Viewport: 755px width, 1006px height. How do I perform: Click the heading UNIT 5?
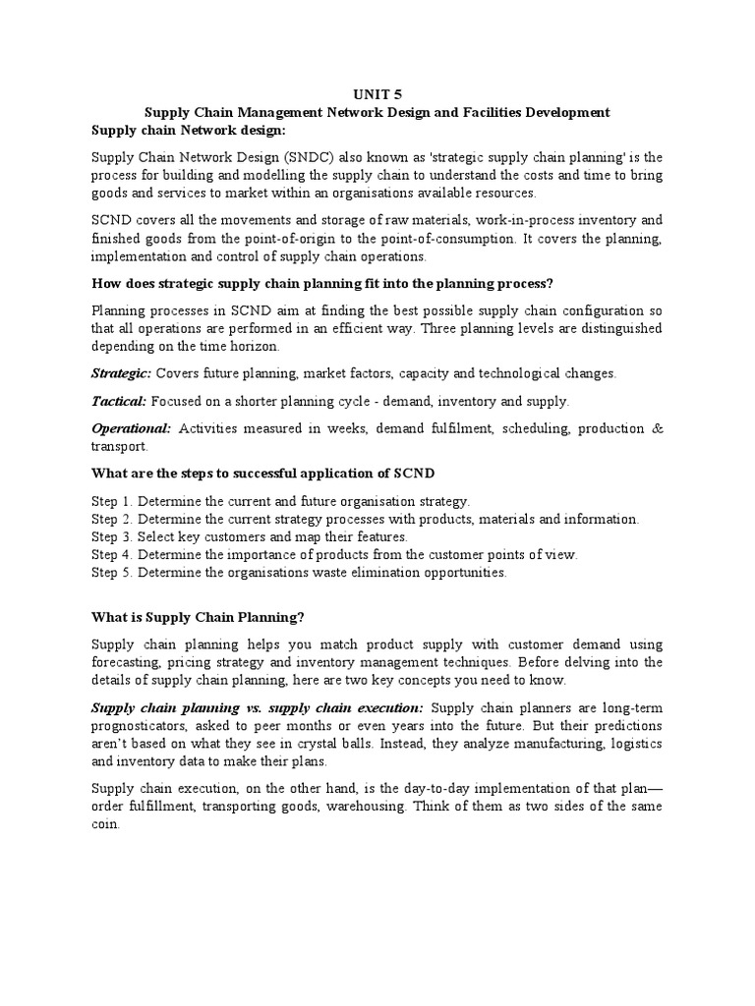click(377, 95)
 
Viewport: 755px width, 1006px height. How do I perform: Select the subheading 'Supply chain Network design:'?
click(180, 130)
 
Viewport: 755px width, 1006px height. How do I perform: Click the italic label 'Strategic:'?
click(121, 373)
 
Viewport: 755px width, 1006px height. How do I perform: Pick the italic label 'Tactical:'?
click(118, 401)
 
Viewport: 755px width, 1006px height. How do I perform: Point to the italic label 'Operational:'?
click(131, 428)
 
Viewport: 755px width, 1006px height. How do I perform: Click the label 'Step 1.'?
click(112, 501)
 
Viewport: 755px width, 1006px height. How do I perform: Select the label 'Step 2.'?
click(112, 519)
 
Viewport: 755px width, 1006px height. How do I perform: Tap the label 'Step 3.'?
click(112, 536)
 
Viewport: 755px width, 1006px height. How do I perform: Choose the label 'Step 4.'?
click(112, 554)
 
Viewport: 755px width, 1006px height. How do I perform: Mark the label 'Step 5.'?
click(112, 572)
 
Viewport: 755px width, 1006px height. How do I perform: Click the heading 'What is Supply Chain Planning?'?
click(198, 617)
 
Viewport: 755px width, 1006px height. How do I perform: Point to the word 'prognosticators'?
click(140, 726)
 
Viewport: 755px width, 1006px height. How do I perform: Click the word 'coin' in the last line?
click(105, 824)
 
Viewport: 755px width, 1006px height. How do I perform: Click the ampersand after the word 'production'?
click(657, 428)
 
